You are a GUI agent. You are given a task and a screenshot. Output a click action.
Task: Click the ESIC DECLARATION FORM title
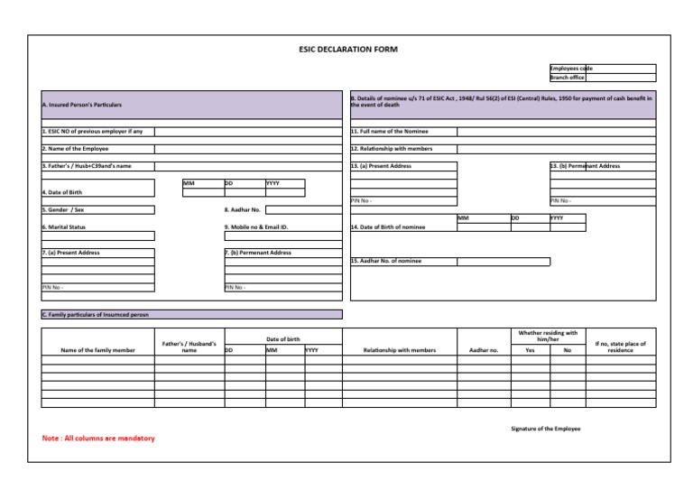coord(347,49)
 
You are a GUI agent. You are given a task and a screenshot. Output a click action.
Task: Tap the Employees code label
coord(570,68)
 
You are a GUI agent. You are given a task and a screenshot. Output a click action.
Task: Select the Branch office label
coord(567,78)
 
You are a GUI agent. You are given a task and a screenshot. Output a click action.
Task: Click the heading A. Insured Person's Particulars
coord(82,106)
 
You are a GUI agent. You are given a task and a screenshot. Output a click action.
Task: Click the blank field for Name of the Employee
coord(248,148)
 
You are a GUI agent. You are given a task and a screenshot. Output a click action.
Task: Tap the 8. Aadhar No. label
coord(242,209)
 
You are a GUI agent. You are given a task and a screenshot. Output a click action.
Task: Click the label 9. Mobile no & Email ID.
coord(255,227)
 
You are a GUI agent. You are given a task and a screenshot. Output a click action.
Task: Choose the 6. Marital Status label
coord(64,227)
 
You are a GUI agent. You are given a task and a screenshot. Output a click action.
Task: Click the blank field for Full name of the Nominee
coord(556,131)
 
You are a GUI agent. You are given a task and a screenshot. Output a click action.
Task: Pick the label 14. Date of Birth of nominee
coord(387,227)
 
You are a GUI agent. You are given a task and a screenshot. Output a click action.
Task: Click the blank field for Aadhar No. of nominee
coord(503,262)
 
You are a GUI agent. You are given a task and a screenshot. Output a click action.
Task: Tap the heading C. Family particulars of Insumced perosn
coord(96,315)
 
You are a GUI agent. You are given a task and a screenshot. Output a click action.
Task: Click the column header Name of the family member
coord(97,349)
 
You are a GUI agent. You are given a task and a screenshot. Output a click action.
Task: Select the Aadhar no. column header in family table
coord(485,349)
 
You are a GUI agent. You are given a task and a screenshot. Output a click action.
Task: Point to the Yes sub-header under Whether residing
coord(530,349)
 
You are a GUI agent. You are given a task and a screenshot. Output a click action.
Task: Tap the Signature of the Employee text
coord(545,428)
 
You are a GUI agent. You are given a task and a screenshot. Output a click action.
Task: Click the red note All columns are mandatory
coord(98,439)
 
